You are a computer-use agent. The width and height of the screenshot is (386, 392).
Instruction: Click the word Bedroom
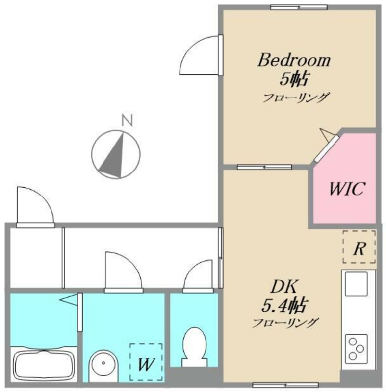point(294,60)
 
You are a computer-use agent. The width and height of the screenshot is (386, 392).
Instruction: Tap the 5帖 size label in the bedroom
point(293,79)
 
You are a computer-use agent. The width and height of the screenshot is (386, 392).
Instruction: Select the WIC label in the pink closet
point(347,189)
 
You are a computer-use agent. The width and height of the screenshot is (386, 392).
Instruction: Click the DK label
point(284,287)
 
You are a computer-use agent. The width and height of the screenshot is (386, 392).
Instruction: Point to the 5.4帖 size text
point(284,305)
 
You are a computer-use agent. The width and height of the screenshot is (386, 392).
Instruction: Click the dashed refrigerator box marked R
point(359,247)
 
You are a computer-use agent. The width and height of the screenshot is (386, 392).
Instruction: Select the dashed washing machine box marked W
point(146,362)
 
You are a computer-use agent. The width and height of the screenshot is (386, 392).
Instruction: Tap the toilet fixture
point(195,347)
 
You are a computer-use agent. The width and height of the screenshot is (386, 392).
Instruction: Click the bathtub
point(44,365)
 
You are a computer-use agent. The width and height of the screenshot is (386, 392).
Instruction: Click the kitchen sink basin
point(356,284)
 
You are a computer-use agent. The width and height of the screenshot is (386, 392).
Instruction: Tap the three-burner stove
point(356,349)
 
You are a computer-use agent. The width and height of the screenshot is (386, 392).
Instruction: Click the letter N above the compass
point(127,120)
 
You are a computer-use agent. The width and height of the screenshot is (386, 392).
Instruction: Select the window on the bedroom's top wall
point(299,7)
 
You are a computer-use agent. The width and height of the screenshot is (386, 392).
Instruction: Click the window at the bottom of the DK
point(285,385)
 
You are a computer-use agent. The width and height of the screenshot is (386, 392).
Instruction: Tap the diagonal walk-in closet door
point(326,149)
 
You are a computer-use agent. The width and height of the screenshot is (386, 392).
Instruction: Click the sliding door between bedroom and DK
point(264,167)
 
